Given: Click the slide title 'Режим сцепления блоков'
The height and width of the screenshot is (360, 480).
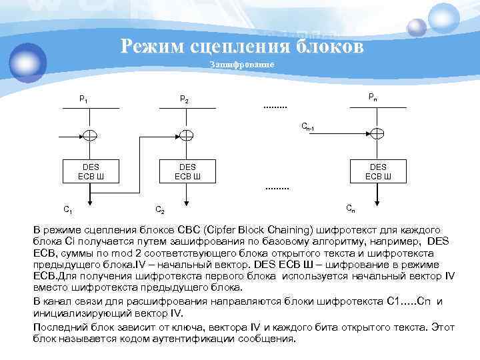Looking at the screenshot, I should [243, 47].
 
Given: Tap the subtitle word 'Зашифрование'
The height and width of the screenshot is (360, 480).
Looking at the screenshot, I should [242, 65].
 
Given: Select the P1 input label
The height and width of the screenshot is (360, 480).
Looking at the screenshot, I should [83, 99].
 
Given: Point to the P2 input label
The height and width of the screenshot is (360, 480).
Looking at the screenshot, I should [185, 99].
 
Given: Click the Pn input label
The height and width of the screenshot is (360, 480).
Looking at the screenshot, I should [374, 97].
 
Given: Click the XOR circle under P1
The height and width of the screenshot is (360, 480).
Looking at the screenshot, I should [91, 135].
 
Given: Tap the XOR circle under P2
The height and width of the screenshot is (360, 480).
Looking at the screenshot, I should [188, 135].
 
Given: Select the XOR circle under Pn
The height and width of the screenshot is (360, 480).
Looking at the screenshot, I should [377, 135].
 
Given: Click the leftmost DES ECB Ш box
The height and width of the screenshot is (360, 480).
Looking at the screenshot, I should [91, 171].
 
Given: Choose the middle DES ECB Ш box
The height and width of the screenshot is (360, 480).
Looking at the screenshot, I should [188, 171].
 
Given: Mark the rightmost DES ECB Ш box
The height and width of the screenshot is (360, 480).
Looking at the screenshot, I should [377, 171].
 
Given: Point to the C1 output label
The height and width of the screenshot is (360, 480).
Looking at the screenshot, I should [67, 209].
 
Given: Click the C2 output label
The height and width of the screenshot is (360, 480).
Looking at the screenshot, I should [160, 209].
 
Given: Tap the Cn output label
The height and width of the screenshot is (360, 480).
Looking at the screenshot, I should [350, 208].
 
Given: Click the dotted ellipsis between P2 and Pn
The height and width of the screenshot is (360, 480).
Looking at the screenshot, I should [275, 107].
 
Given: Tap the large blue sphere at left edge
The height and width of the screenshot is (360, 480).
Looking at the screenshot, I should [27, 60].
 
